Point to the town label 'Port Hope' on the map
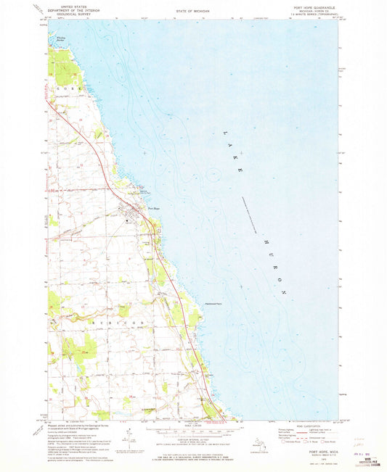tap(152, 210)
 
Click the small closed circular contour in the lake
tap(211, 175)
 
